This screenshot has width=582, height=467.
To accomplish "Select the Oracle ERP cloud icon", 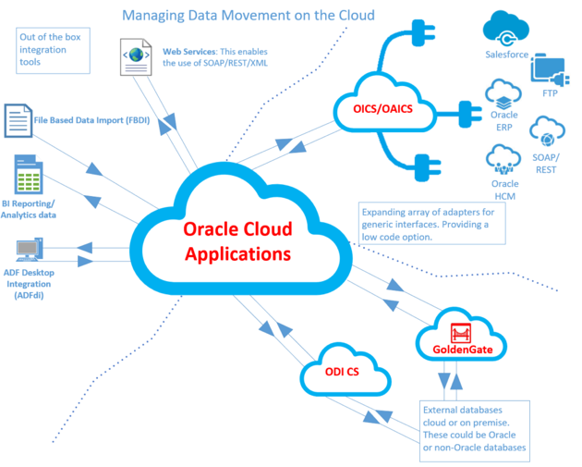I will click(504, 96).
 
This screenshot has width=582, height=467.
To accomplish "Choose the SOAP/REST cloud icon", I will click(546, 135).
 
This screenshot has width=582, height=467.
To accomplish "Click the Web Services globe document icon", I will click(137, 55).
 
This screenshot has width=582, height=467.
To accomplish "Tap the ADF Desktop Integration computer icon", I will click(29, 249).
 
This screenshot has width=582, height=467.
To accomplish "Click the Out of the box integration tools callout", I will click(53, 51).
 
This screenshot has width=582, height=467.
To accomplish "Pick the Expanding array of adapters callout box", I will click(431, 225).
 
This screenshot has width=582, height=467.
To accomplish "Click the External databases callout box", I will click(474, 428).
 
